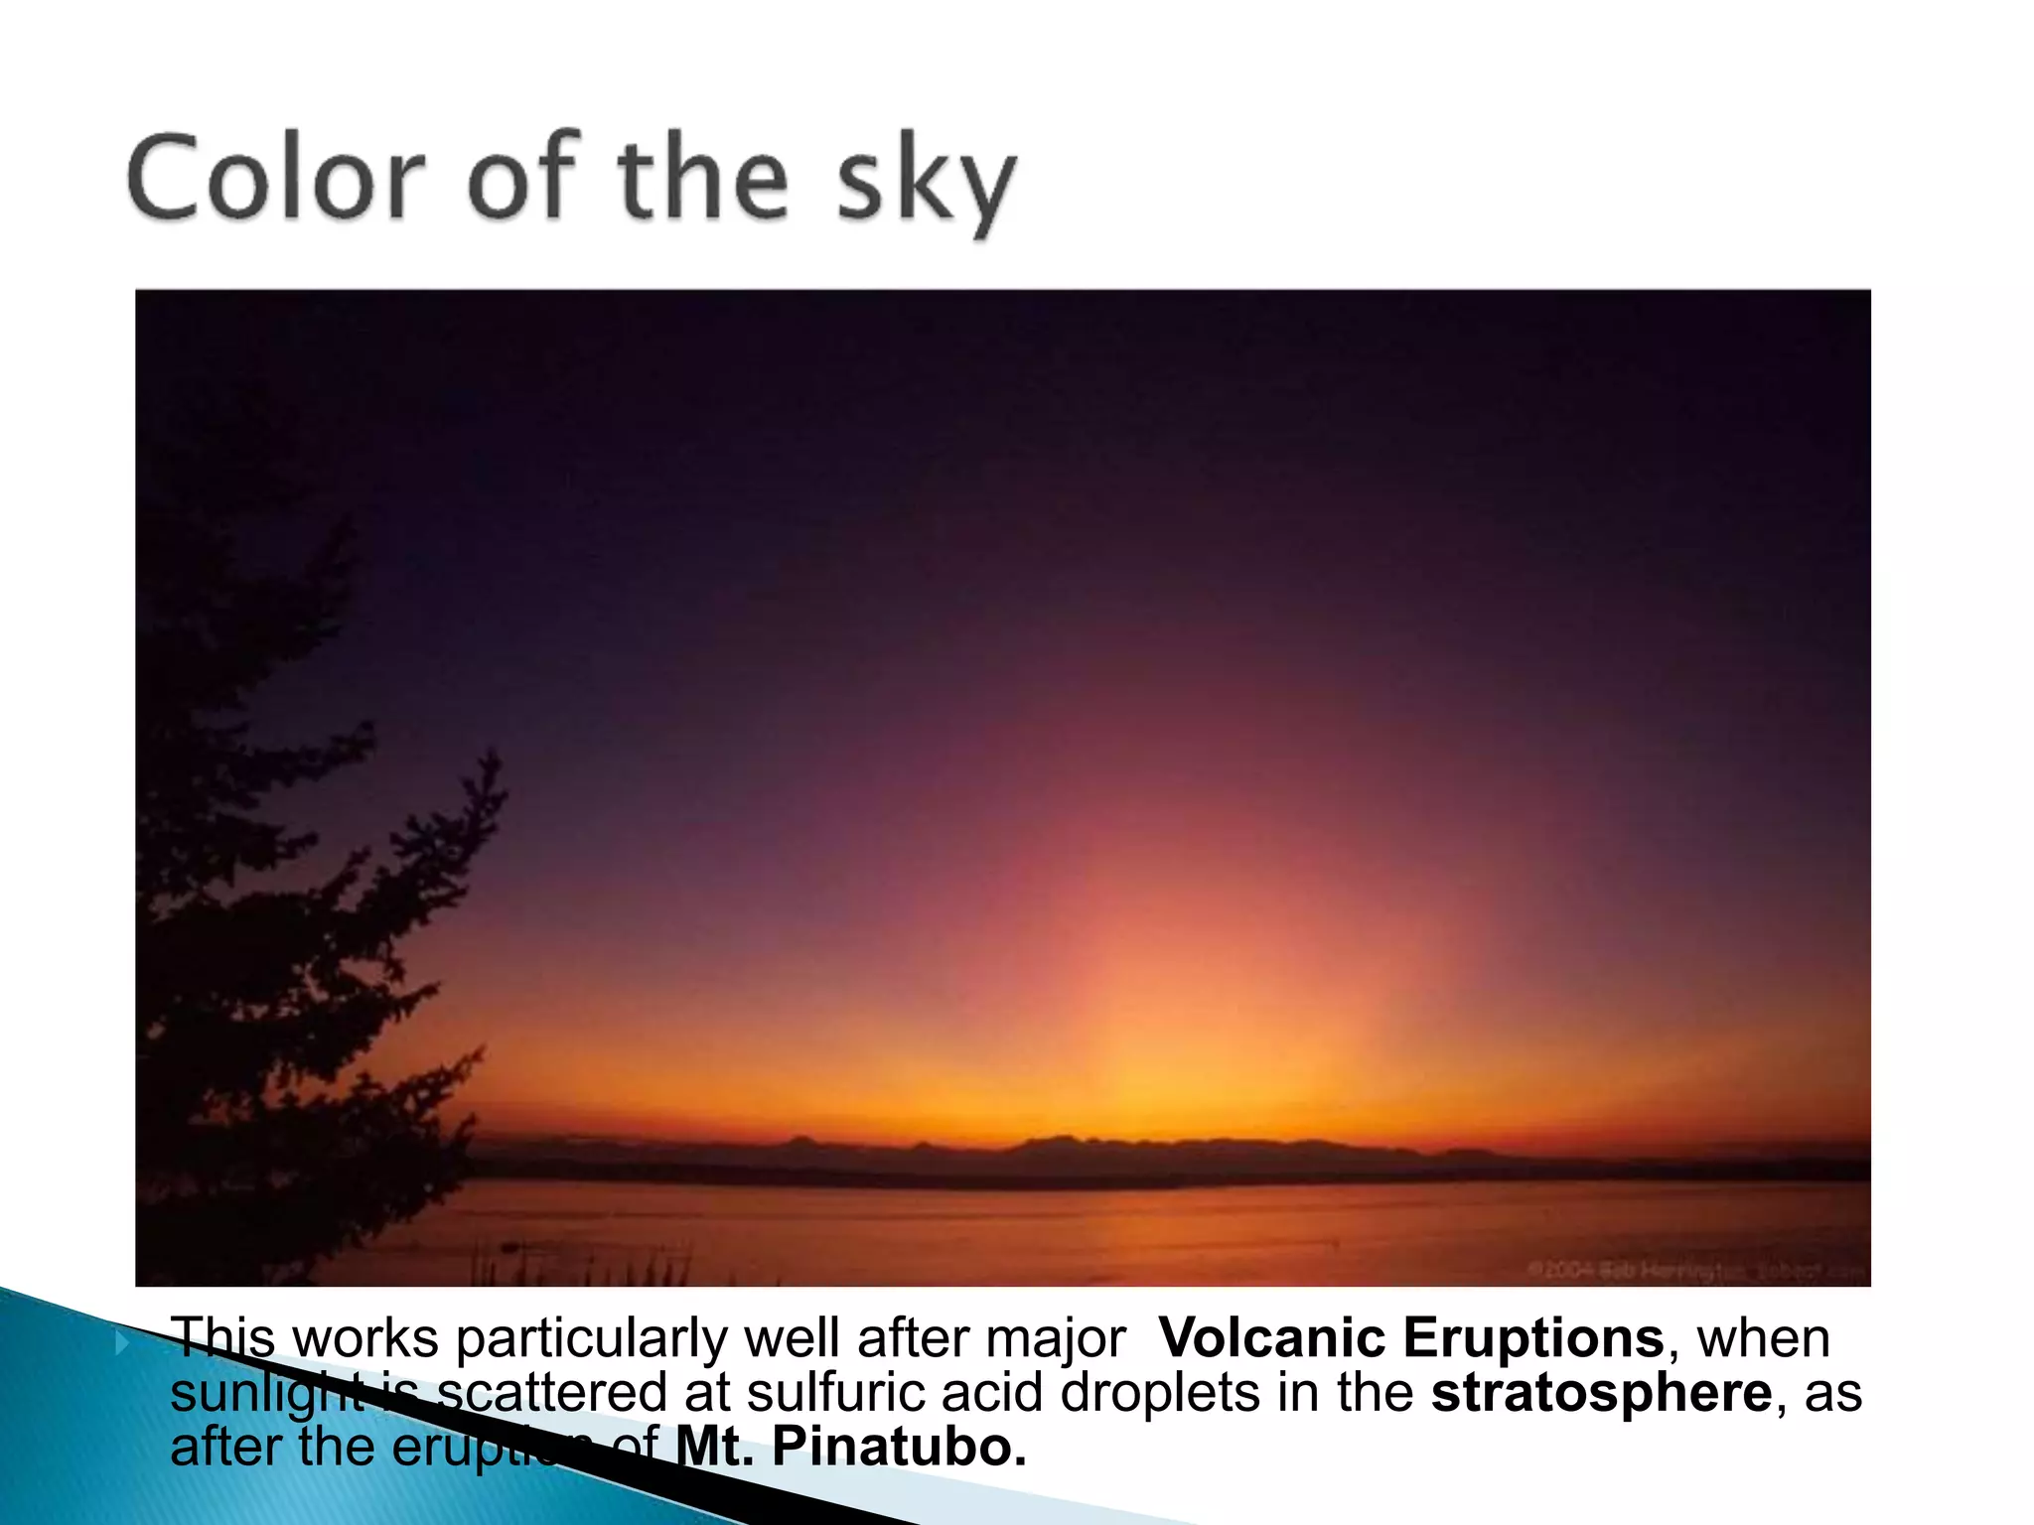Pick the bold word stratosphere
point(1601,1392)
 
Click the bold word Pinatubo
point(898,1446)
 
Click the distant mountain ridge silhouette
point(1053,1152)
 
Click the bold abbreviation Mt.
point(716,1446)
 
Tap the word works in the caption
point(365,1339)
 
